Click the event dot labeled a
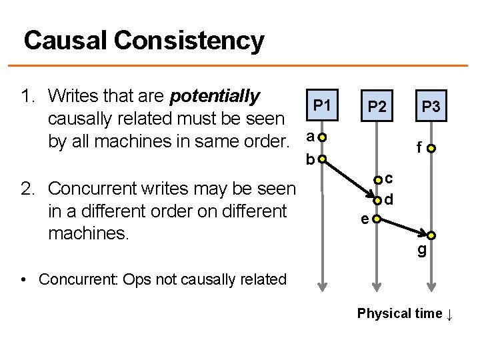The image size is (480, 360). (322, 138)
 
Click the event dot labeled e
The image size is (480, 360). (377, 218)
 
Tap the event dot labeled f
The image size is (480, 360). (431, 149)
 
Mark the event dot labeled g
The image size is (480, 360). (431, 235)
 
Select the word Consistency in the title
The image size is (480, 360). (193, 41)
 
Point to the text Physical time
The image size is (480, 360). (399, 313)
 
